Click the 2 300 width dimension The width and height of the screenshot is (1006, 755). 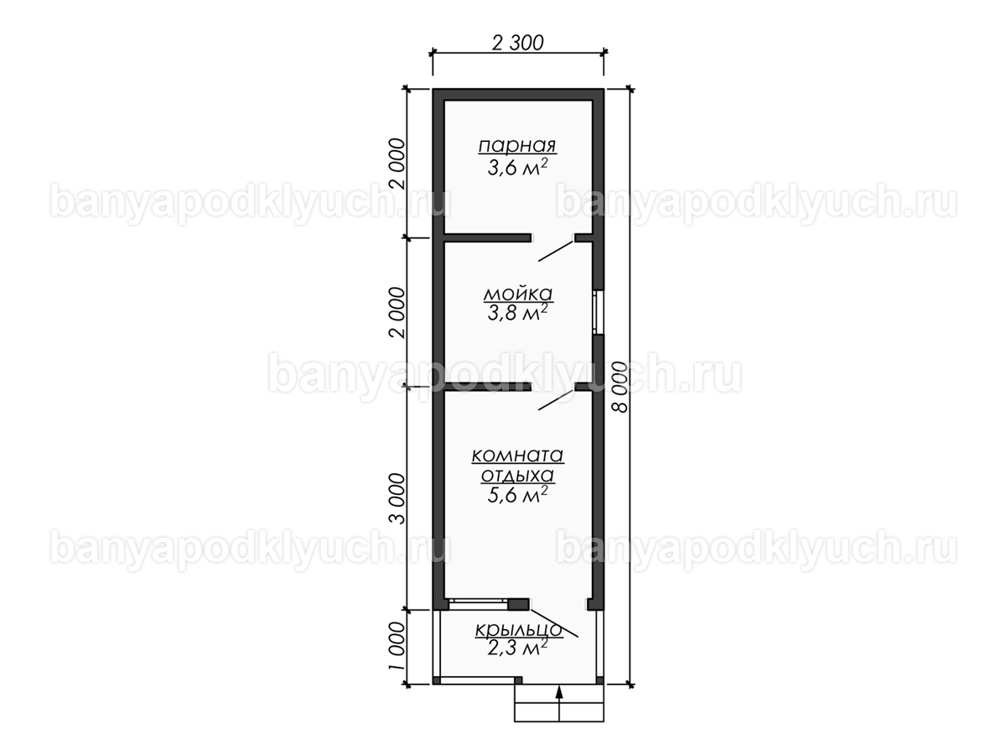click(518, 43)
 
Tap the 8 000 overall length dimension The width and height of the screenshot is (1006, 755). click(620, 387)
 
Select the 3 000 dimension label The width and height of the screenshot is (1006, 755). click(397, 499)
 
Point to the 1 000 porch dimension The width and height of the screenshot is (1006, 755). click(397, 645)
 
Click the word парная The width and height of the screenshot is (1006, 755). click(517, 146)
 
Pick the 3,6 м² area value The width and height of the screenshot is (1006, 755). click(517, 168)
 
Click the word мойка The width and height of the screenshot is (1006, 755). click(518, 294)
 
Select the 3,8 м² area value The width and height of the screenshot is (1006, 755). click(517, 313)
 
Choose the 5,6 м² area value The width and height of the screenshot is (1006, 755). click(517, 495)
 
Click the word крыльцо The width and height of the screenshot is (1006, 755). click(518, 630)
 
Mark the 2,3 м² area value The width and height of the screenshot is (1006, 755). click(517, 648)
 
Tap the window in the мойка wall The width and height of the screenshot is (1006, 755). click(598, 312)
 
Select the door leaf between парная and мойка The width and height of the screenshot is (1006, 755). click(556, 251)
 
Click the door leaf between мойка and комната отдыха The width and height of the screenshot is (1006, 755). click(556, 398)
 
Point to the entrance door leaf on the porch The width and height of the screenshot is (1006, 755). click(554, 623)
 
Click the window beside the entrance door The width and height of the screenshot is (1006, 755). click(478, 604)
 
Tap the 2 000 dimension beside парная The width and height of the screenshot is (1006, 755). click(397, 164)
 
